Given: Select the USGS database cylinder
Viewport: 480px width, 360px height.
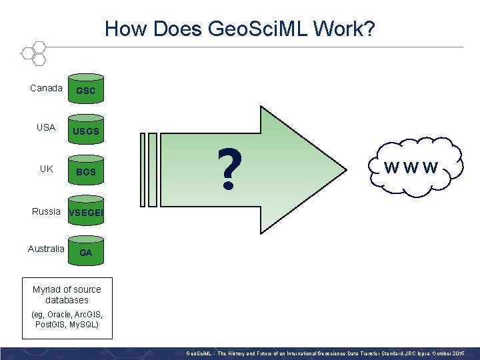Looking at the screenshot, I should pos(86,131).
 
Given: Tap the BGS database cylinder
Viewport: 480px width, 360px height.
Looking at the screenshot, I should pos(86,171).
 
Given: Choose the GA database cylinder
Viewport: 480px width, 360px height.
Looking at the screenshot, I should pos(86,253).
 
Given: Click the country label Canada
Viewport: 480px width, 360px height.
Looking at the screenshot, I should pos(47,88).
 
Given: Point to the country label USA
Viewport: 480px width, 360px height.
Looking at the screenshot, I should pos(46,127).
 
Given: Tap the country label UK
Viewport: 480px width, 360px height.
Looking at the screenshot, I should pos(46,169).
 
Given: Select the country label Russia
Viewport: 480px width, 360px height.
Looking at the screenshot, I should pos(46,211).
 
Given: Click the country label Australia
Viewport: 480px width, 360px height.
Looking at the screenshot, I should pos(46,249).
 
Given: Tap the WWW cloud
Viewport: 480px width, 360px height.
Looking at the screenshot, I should pos(411,167).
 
